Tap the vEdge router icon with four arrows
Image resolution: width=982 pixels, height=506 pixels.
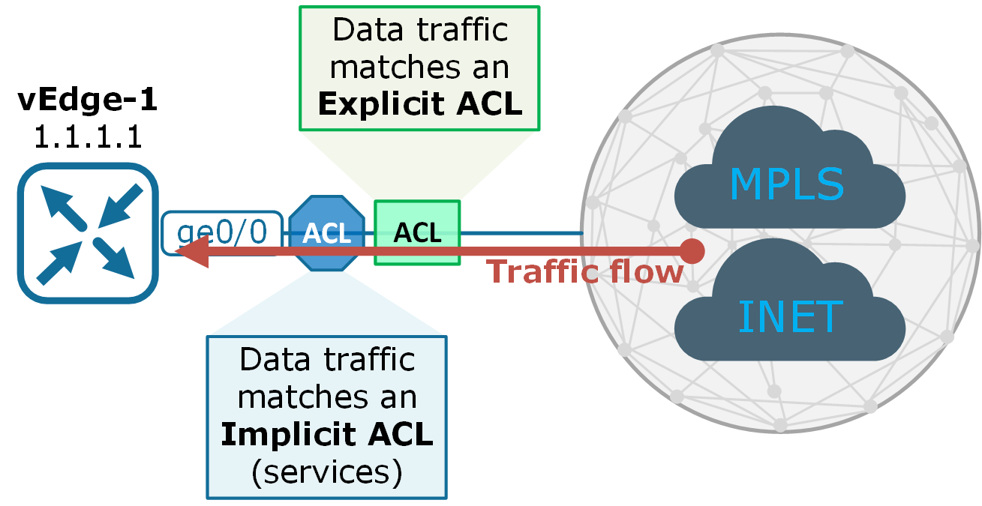tap(89, 232)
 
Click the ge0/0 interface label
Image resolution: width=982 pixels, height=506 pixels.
tap(222, 233)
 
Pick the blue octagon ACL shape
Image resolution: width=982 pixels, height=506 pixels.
tap(327, 234)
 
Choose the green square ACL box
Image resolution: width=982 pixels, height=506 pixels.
tap(417, 233)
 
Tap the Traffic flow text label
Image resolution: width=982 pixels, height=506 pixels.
tap(585, 271)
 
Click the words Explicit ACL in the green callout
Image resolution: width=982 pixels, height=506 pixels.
tap(419, 104)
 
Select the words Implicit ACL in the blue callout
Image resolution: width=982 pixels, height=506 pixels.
tap(326, 435)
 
